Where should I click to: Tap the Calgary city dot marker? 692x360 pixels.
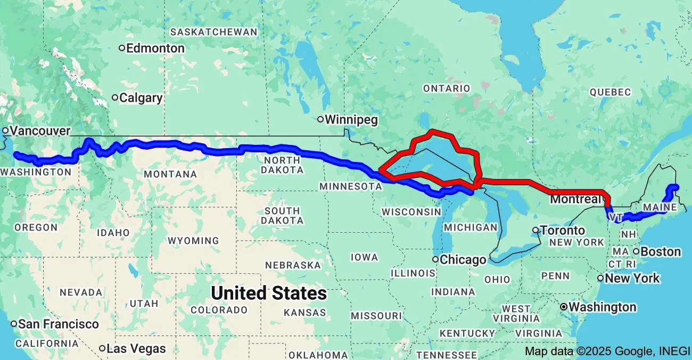(x=115, y=97)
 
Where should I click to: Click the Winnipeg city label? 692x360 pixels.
(x=352, y=120)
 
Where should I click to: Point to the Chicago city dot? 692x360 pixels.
(x=435, y=259)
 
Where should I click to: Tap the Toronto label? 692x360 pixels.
(x=563, y=231)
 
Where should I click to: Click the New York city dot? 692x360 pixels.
(x=600, y=278)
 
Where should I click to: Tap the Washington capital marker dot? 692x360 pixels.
(x=564, y=307)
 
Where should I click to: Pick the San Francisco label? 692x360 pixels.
(x=59, y=324)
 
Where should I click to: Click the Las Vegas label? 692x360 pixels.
(x=136, y=349)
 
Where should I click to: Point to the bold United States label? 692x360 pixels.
(x=269, y=293)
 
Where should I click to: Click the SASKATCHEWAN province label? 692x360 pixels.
(x=214, y=32)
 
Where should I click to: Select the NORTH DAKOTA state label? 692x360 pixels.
(x=282, y=165)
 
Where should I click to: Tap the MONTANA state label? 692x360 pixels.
(x=170, y=174)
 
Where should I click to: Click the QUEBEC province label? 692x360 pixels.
(x=610, y=92)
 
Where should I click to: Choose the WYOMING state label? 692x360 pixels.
(x=193, y=241)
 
